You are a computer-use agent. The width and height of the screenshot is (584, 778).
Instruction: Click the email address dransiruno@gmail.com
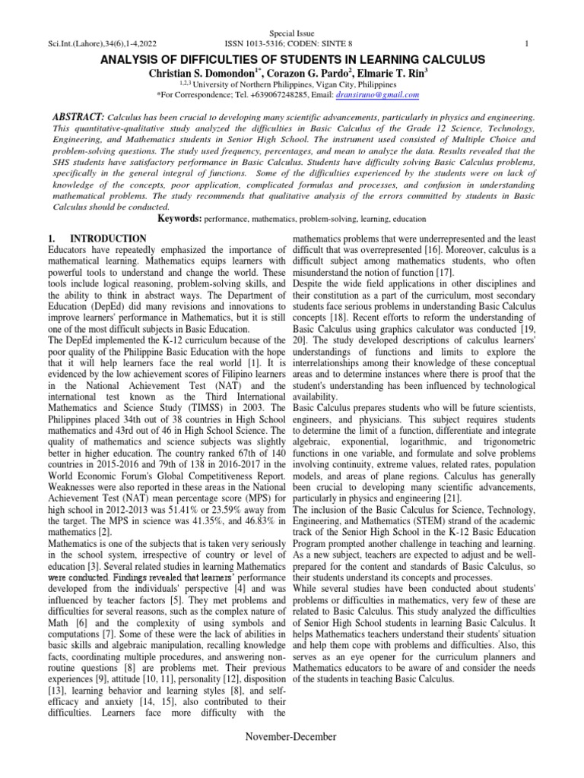[x=377, y=95]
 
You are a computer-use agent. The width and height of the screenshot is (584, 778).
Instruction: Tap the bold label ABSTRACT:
[x=77, y=118]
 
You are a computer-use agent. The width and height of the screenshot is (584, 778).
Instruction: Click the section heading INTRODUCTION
[x=114, y=239]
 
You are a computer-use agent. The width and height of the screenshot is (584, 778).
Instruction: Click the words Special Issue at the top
[x=291, y=35]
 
